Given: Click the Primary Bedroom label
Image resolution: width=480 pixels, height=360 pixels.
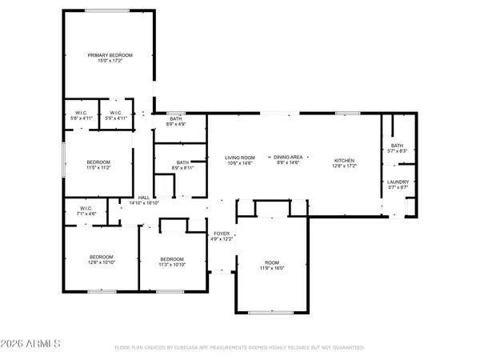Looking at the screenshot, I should [110, 54].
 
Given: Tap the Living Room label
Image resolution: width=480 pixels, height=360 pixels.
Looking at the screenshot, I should [238, 158].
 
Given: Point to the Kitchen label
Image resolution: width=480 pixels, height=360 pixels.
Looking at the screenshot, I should [344, 161].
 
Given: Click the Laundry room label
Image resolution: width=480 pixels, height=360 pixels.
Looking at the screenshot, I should [398, 182].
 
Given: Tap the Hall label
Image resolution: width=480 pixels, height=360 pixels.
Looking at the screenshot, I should [144, 198].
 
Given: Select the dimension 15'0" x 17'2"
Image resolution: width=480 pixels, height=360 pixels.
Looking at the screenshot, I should [110, 61].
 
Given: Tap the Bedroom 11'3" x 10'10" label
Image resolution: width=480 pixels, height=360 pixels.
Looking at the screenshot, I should [172, 258].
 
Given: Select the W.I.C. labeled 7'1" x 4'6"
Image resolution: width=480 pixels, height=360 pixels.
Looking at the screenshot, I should [86, 210].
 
